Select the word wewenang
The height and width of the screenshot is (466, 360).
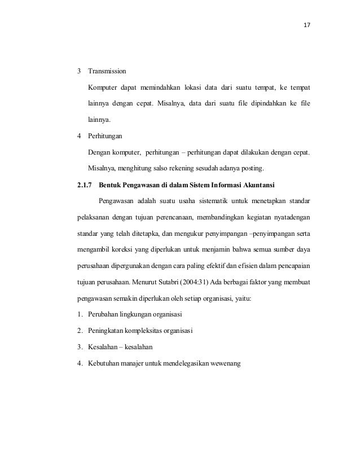225,363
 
